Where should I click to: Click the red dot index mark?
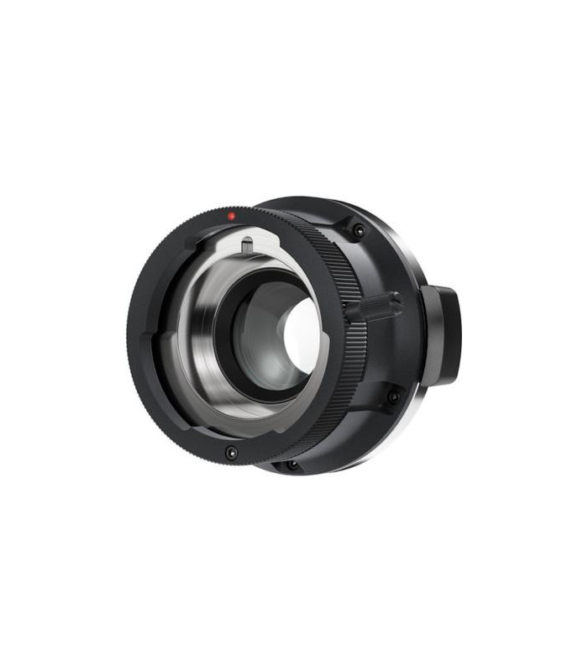(x=232, y=216)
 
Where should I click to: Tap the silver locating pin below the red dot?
(x=247, y=247)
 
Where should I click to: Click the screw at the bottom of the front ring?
(x=231, y=453)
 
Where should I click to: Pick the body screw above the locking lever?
(x=359, y=230)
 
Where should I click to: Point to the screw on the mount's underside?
(x=291, y=464)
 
